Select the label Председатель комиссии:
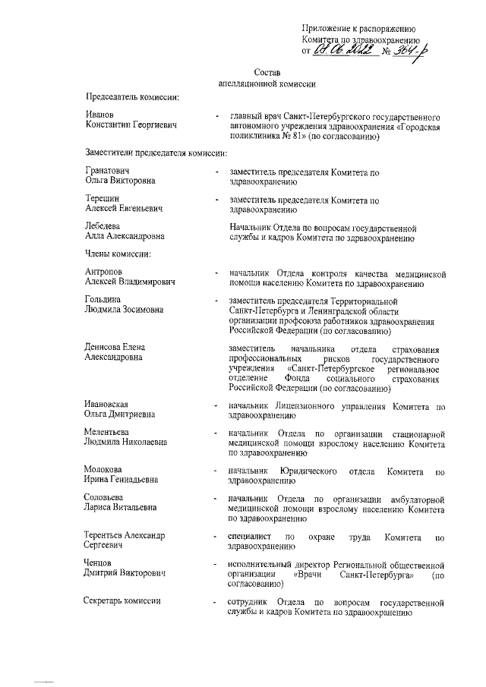(x=133, y=97)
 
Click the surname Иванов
(x=102, y=113)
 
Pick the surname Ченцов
(x=101, y=563)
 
